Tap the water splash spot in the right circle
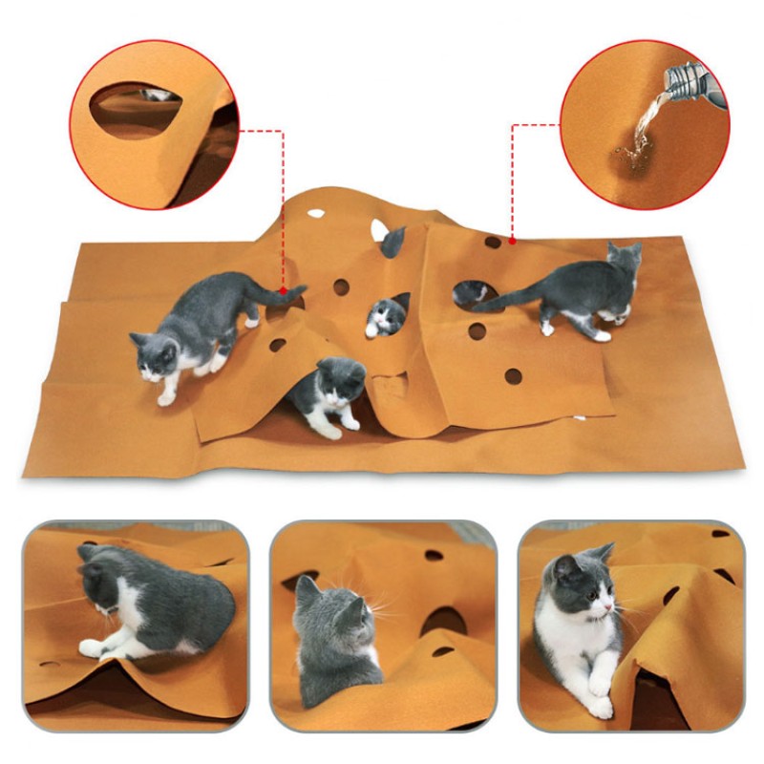(633, 148)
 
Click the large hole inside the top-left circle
(134, 107)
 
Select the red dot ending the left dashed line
(283, 286)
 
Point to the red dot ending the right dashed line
(513, 241)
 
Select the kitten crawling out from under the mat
(325, 392)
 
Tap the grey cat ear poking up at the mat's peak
(393, 242)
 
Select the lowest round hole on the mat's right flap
(513, 376)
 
